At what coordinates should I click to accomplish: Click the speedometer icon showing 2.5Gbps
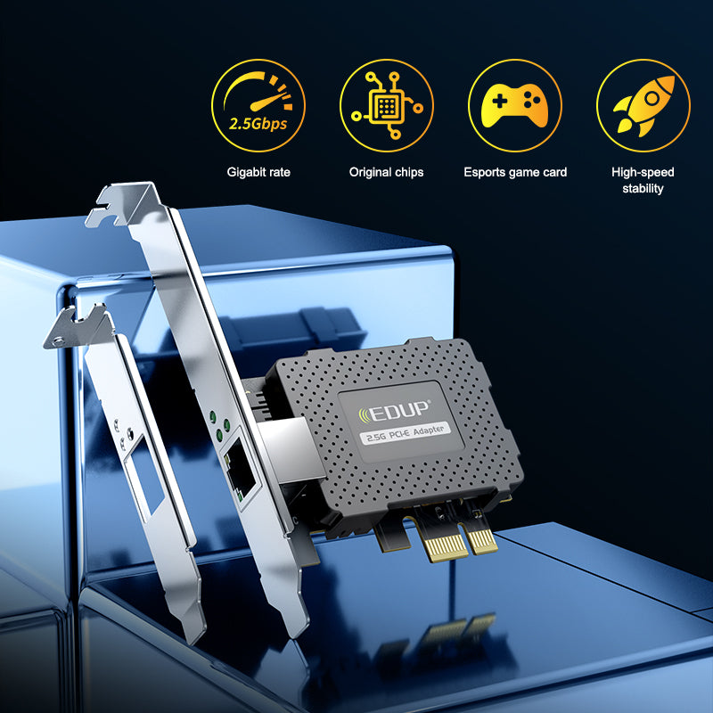click(258, 105)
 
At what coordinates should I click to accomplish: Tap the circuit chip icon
click(386, 105)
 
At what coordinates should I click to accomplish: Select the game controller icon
click(514, 105)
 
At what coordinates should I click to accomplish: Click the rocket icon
click(643, 105)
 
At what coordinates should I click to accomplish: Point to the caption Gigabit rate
click(258, 172)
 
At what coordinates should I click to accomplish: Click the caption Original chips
click(386, 172)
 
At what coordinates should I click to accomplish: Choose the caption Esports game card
click(515, 172)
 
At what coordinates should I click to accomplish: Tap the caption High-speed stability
click(643, 180)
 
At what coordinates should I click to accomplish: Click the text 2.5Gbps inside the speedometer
click(258, 123)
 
